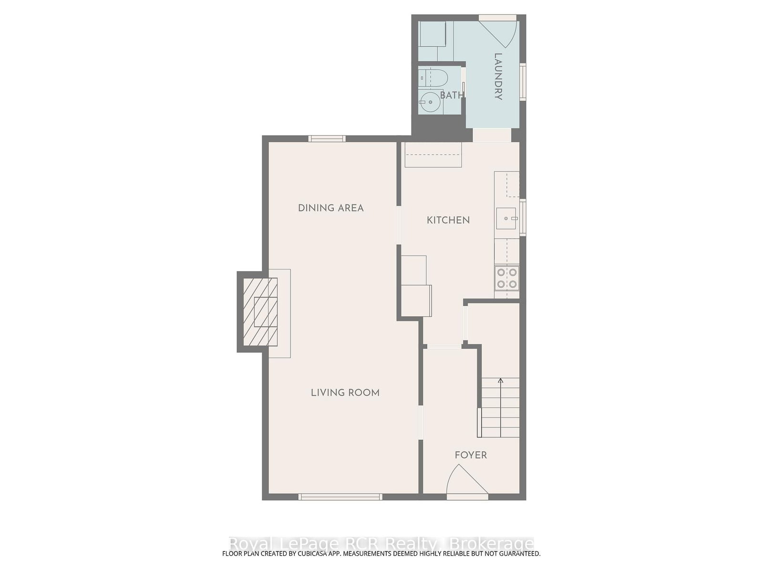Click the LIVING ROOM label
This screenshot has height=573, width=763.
coord(345,393)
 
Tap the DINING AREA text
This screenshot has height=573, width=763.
coord(330,208)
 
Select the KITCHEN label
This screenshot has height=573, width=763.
coord(448,220)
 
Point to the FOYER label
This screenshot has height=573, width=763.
coord(471,455)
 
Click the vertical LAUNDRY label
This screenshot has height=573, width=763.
coord(498,76)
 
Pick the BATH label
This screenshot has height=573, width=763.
coord(452,95)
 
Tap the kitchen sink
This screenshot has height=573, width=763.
coord(506,218)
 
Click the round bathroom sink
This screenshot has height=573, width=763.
coord(430,102)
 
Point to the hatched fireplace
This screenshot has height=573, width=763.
coord(260,312)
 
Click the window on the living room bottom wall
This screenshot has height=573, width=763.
coord(340,497)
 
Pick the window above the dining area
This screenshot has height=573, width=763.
coord(327,138)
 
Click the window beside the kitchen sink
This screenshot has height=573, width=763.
coord(523,217)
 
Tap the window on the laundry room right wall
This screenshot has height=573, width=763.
coord(523,82)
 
